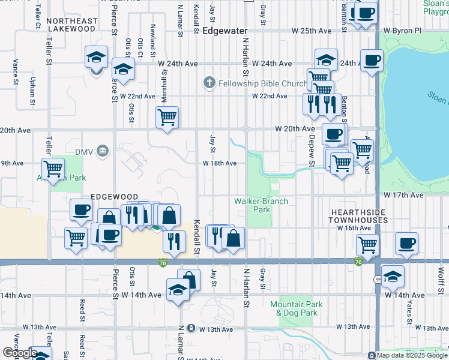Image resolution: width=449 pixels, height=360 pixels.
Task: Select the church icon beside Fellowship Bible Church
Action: [x=209, y=83]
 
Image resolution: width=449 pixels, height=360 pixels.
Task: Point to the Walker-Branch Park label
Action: [x=261, y=205]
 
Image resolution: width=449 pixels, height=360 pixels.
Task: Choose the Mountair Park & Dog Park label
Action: [x=296, y=308]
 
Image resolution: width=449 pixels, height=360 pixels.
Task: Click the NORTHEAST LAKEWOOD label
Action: [x=71, y=25]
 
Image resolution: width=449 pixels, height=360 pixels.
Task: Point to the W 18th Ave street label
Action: [x=219, y=163]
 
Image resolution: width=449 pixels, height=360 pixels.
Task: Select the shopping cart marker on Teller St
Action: [x=53, y=169]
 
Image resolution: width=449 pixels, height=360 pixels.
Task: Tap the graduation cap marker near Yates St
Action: [x=393, y=275]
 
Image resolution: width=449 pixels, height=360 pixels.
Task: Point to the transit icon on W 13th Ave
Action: [x=191, y=328]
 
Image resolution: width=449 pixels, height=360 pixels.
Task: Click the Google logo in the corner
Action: [x=19, y=353]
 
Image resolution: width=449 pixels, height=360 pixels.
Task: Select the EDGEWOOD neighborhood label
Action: [x=114, y=197]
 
